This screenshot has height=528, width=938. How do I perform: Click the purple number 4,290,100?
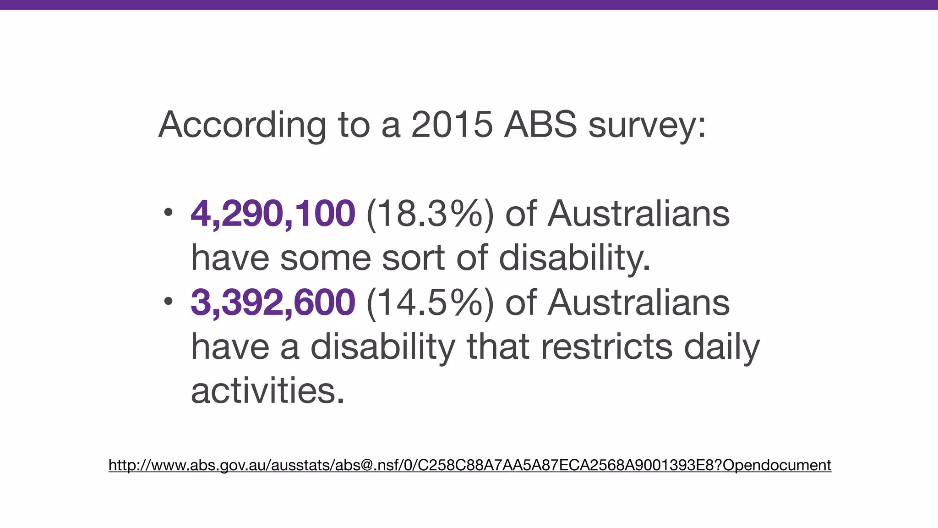click(273, 214)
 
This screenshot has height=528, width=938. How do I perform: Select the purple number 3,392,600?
click(273, 302)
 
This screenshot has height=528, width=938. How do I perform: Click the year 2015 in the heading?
click(452, 124)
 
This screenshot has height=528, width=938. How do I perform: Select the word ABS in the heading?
click(540, 124)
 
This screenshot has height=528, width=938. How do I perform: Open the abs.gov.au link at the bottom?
click(469, 465)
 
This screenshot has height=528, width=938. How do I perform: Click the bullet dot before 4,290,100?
click(168, 212)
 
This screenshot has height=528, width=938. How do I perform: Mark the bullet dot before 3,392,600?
click(168, 301)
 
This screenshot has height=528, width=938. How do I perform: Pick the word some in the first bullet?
click(325, 258)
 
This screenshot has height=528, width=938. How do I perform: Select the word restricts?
click(606, 347)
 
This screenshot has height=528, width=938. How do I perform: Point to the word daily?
click(721, 347)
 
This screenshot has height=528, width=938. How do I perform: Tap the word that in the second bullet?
click(498, 347)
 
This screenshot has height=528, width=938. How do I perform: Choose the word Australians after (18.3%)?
click(638, 214)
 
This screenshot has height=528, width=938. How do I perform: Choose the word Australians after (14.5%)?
click(638, 302)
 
